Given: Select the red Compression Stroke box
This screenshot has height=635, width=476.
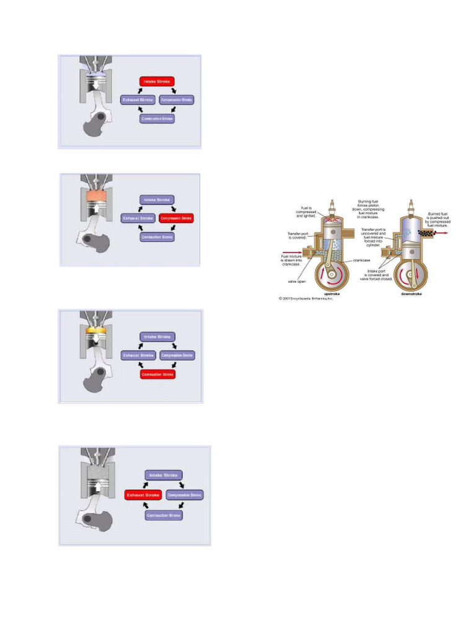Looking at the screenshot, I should coord(177,218).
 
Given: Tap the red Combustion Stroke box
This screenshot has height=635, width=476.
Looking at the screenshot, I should coord(157,374).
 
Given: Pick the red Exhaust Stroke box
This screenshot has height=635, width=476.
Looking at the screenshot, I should coord(143,495).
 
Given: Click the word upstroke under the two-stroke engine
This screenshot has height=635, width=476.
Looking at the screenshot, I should coord(332,294).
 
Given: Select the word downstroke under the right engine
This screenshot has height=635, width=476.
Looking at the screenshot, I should coord(411,294).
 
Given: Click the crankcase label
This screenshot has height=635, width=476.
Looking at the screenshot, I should coord(363,260).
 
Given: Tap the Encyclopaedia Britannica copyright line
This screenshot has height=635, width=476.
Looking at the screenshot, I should coord(306,299).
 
